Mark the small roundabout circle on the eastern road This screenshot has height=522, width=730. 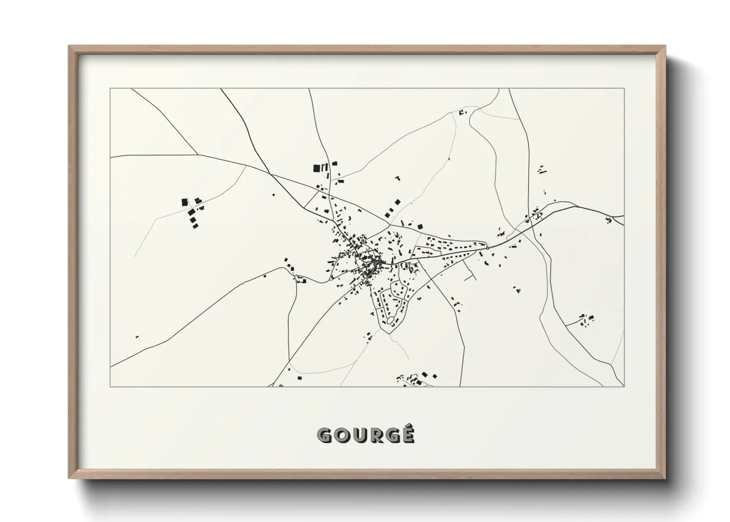[487, 249]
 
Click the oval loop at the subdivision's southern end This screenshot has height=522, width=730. [391, 321]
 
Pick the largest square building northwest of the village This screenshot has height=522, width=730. [316, 168]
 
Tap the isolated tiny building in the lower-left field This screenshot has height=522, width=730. [137, 337]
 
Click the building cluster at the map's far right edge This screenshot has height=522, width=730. [610, 220]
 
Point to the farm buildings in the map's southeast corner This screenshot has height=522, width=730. [586, 319]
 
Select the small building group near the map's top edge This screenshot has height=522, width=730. [462, 112]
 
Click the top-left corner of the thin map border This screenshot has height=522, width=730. [110, 89]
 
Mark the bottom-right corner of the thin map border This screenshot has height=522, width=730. [624, 386]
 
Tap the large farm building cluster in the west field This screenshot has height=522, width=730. [191, 212]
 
